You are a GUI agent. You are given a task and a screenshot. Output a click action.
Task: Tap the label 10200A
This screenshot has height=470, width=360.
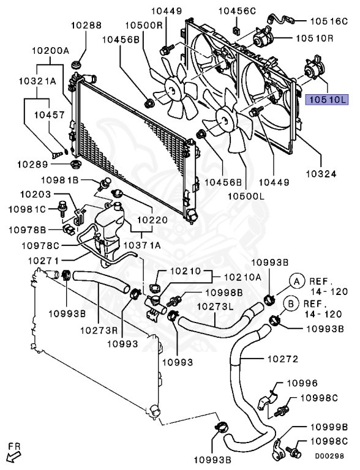click(50, 51)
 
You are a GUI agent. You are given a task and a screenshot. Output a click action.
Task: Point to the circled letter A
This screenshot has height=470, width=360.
click(296, 281)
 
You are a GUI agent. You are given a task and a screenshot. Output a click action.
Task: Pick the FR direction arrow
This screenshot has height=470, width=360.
click(13, 453)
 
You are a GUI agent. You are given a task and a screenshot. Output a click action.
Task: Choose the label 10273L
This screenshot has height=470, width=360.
click(215, 307)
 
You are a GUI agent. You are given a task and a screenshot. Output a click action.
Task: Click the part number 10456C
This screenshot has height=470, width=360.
click(238, 11)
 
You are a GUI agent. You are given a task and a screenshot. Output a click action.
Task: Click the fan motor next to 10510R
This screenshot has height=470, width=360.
click(266, 38)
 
